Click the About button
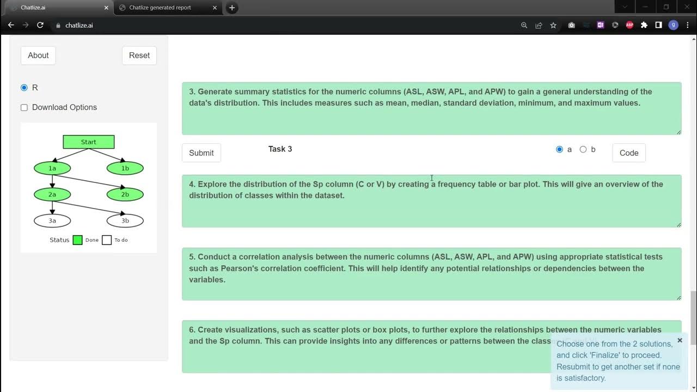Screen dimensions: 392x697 coord(38,56)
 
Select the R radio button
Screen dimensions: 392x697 coord(24,88)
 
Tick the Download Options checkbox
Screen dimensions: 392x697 coord(24,107)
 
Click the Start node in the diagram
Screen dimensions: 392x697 coord(89,142)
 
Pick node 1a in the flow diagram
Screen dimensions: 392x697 coord(52,168)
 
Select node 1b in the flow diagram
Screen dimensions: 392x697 coord(125,168)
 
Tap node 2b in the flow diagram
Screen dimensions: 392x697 coord(125,194)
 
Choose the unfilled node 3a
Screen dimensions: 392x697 coord(52,220)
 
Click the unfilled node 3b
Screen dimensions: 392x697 coord(125,220)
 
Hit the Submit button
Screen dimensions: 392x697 coord(201,153)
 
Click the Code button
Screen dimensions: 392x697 coord(629,153)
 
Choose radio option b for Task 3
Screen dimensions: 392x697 coord(583,149)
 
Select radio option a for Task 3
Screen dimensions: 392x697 coord(559,149)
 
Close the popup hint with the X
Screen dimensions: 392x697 coord(680,340)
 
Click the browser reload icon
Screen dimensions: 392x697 coord(40,25)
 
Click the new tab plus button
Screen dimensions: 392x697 coord(232,8)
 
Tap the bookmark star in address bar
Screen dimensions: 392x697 coord(553,25)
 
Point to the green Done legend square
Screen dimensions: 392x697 coord(78,240)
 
